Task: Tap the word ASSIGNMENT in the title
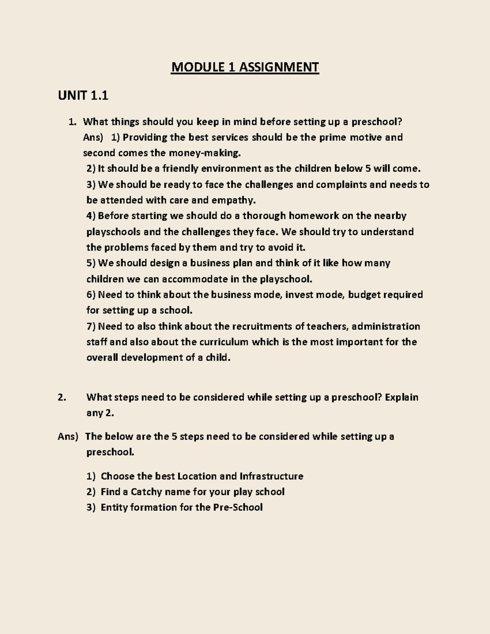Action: point(278,67)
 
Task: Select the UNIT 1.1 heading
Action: point(83,96)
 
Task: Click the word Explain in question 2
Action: point(401,397)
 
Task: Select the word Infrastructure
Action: point(271,476)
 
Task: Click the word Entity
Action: point(114,507)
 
